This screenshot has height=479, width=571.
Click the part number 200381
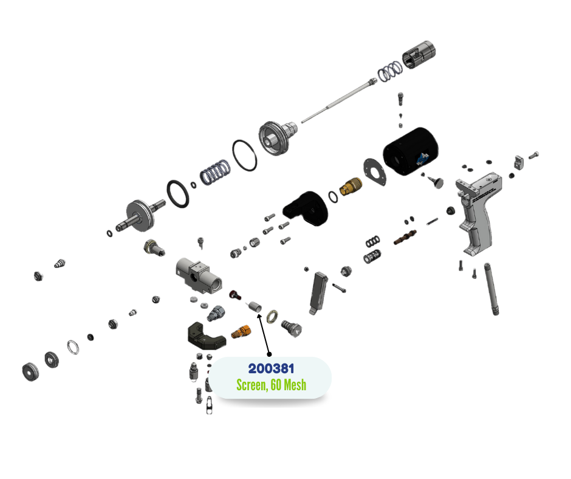272,368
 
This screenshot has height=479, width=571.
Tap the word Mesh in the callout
295,385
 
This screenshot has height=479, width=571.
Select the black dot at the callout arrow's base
269,354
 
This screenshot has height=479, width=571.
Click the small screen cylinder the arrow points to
255,307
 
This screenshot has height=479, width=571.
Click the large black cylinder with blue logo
411,151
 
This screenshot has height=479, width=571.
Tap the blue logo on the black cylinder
422,159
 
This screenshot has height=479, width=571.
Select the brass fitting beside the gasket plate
350,186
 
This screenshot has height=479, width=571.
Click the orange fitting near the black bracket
241,332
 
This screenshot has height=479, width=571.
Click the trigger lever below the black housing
318,293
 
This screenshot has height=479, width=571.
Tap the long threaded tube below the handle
491,289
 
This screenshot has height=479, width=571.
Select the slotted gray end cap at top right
419,55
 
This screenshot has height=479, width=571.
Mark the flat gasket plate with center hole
375,171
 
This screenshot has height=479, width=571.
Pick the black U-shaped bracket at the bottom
206,336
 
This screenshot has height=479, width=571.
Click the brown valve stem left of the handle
405,237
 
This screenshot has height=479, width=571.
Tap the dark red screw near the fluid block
235,295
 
